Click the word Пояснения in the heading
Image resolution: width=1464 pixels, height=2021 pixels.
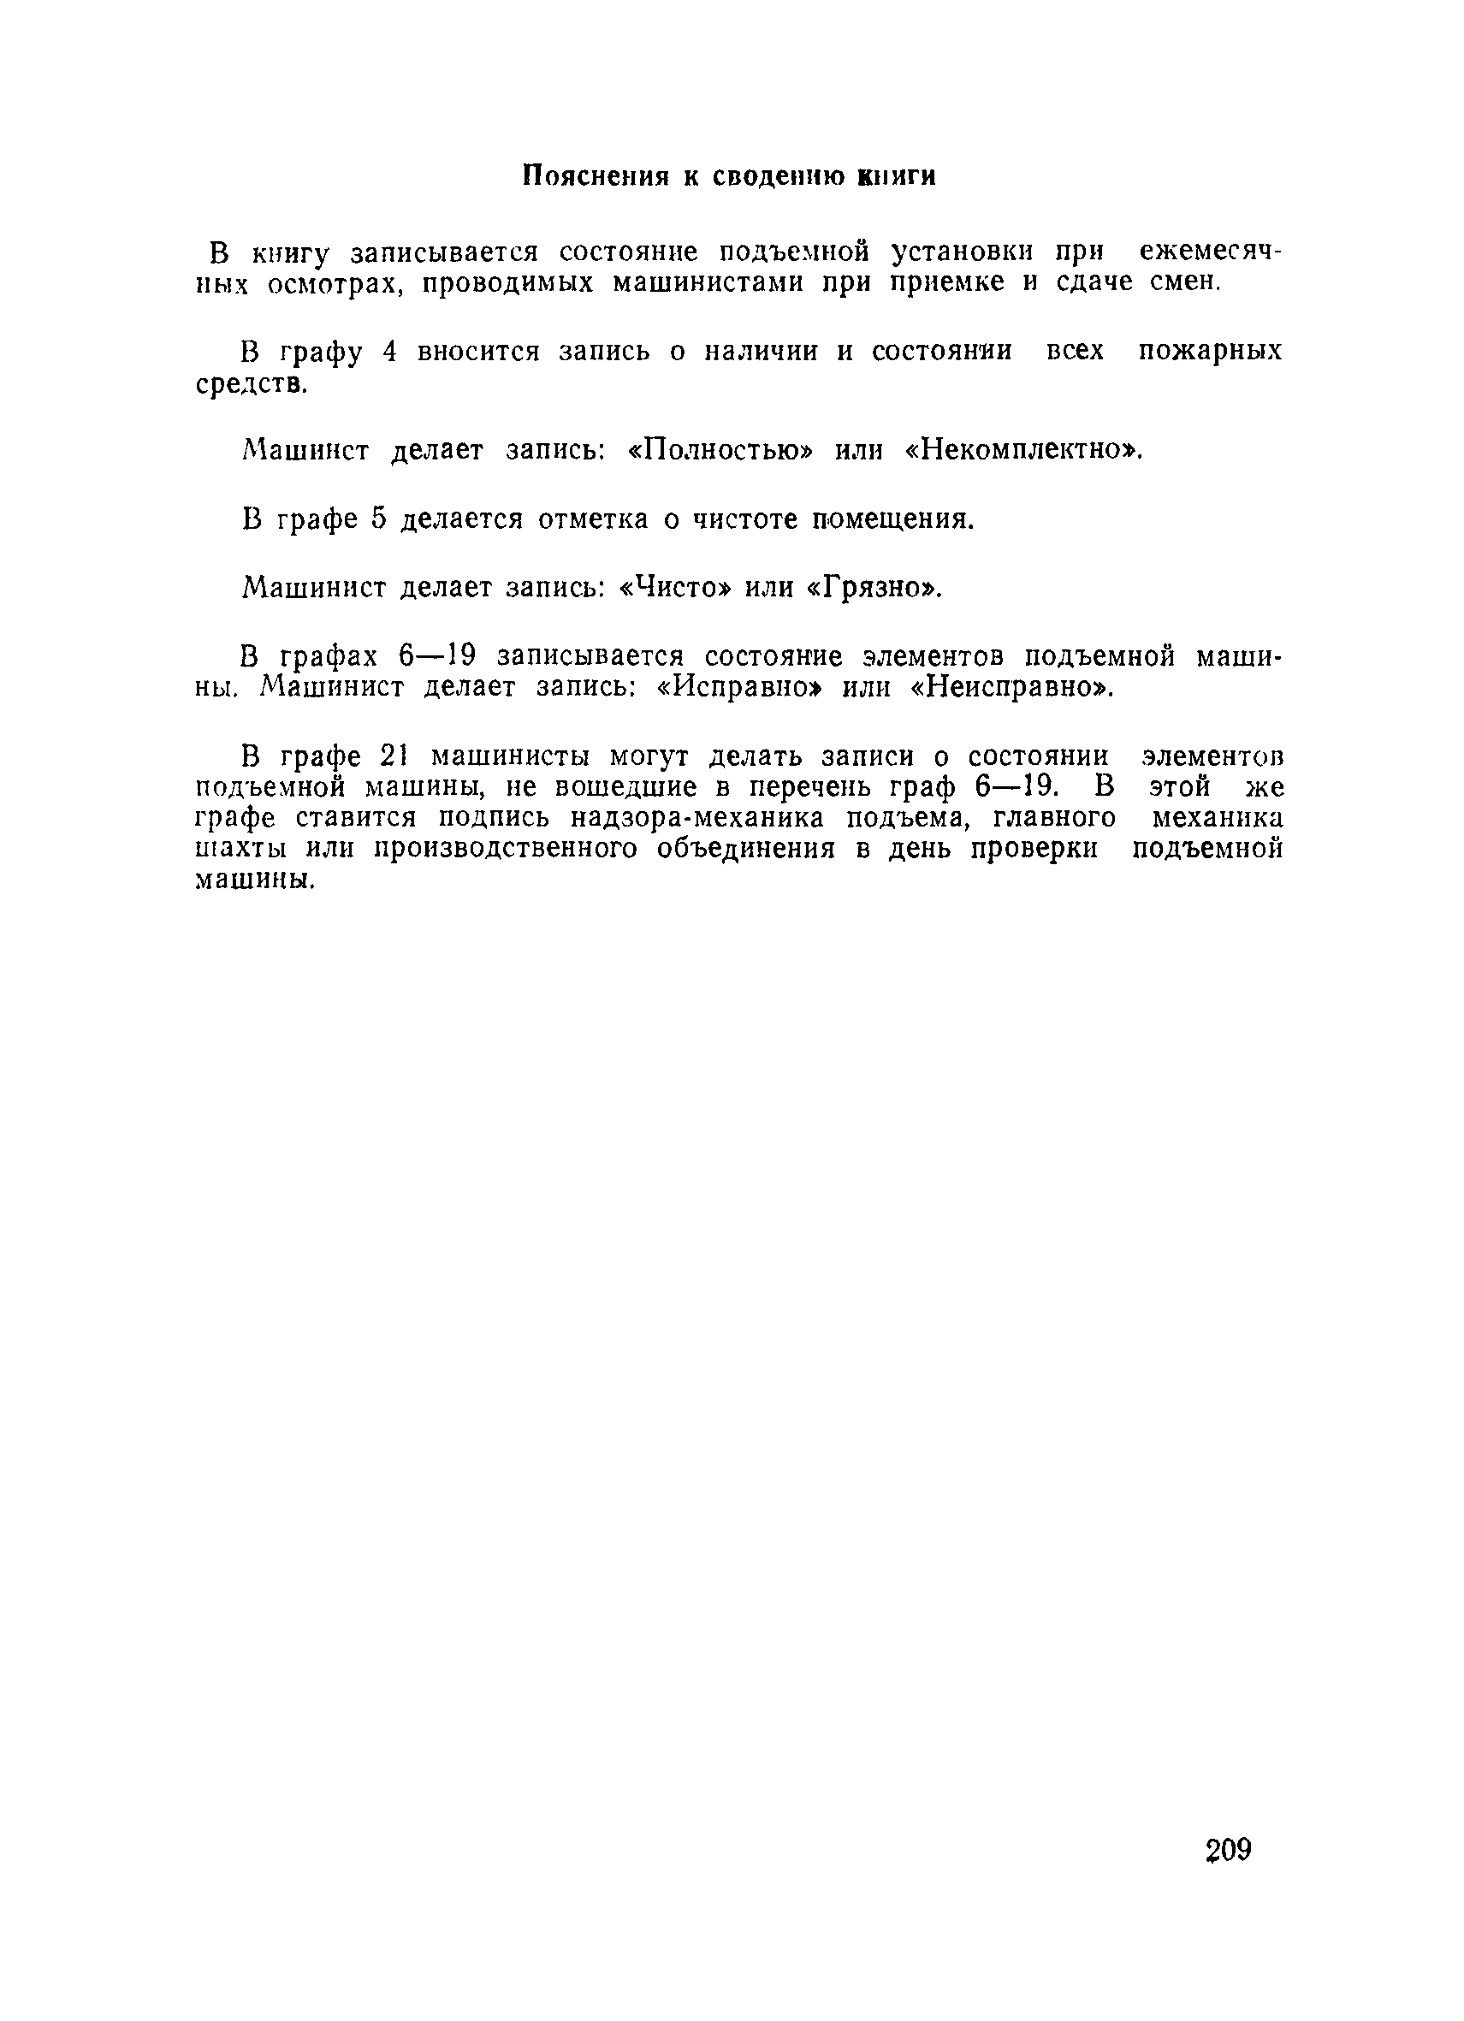coord(595,176)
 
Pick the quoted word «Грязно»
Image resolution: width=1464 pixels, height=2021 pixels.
coord(874,587)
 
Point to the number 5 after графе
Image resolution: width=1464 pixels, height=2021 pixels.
coord(378,519)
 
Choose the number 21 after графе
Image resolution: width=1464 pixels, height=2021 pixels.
coord(393,756)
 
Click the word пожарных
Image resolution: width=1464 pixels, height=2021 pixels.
coord(1210,351)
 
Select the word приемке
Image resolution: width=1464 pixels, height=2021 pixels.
coord(948,283)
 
